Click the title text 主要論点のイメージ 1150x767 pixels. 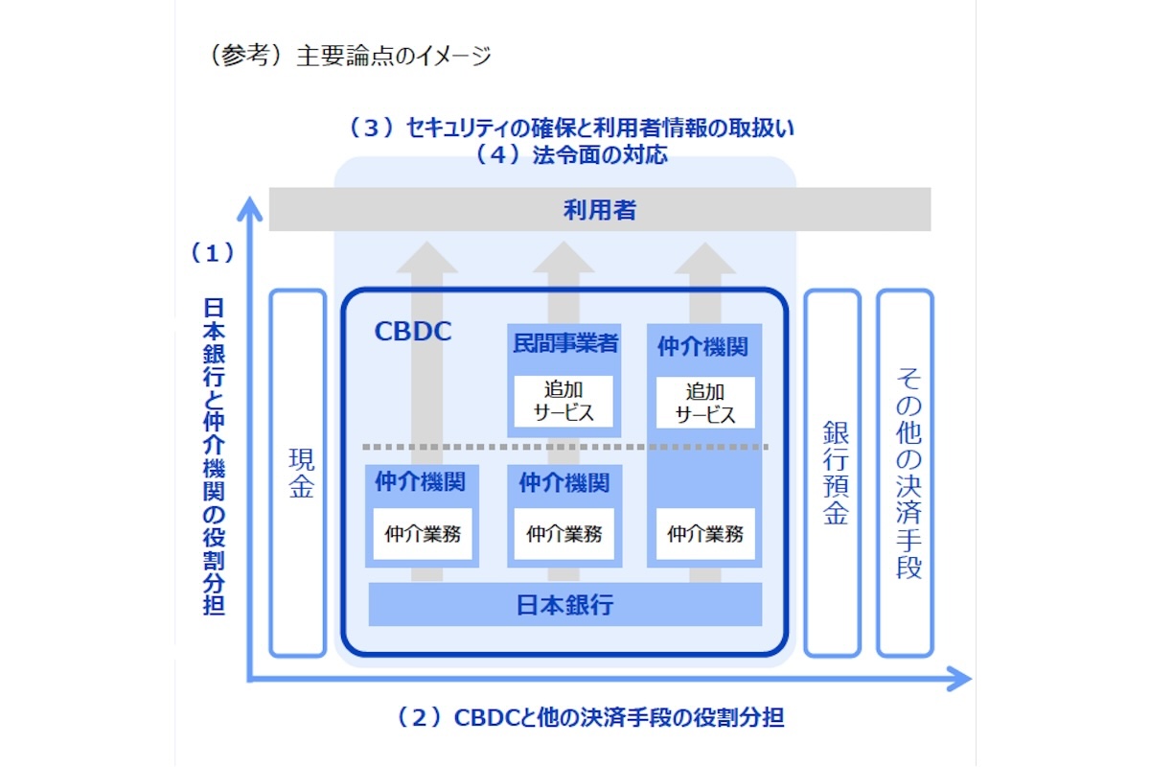(394, 57)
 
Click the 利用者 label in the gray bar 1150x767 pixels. (600, 210)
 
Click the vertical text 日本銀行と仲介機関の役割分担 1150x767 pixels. (214, 455)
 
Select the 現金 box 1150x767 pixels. (299, 474)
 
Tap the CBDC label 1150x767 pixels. (412, 332)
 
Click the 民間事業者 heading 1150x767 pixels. (564, 343)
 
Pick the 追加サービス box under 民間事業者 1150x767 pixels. (563, 402)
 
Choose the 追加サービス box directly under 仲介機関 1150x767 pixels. (705, 403)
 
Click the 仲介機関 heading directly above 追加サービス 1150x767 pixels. (703, 346)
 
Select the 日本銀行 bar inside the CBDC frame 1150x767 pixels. (564, 605)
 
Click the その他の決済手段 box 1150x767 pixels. (906, 474)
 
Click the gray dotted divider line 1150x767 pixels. (565, 447)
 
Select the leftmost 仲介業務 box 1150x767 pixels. (423, 534)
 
